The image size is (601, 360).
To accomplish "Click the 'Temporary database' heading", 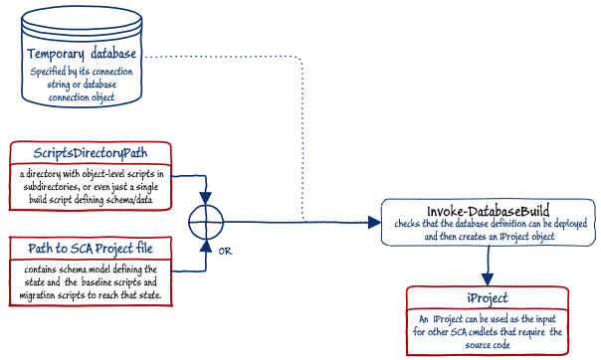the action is pos(82,54).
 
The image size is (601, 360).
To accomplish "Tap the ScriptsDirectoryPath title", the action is pos(91,153).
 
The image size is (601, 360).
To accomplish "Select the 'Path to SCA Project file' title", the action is pos(91,249).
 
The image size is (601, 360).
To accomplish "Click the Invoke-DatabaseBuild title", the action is pos(488,211).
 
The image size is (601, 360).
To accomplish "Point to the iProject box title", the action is pos(488,298).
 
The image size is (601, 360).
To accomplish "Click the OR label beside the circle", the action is pos(225,252).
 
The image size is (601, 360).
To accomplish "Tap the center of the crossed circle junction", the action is pos(206,222).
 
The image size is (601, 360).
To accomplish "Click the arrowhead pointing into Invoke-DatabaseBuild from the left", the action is pos(374,222).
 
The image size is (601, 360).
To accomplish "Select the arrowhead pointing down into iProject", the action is pos(488,279).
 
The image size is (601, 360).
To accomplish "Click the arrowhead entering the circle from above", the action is pos(206,198).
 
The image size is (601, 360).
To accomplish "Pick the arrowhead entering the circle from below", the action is pos(206,246).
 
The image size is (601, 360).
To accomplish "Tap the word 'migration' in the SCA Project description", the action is pos(37,295).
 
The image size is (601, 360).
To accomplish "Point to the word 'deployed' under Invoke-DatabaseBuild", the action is pos(570,224).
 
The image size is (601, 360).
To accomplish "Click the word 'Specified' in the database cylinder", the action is pos(49,72).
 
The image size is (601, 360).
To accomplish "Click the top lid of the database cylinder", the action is pos(82,18).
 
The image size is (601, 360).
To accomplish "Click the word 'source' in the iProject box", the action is pos(476,345).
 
